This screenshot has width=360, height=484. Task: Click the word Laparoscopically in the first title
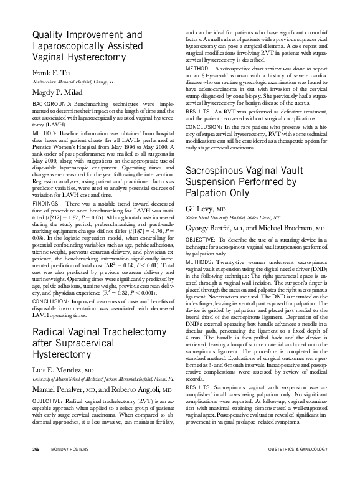click(69, 45)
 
